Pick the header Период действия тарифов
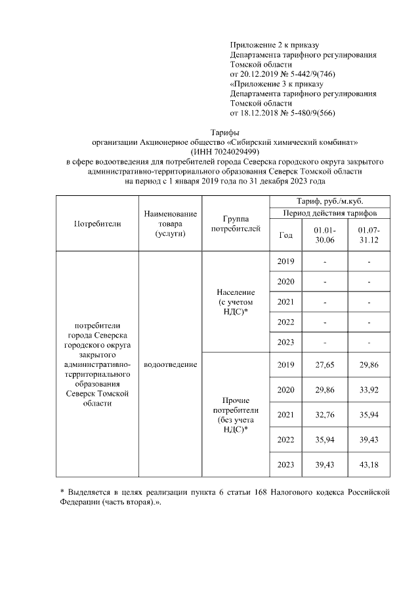click(x=334, y=214)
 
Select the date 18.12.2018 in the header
click(x=261, y=113)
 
